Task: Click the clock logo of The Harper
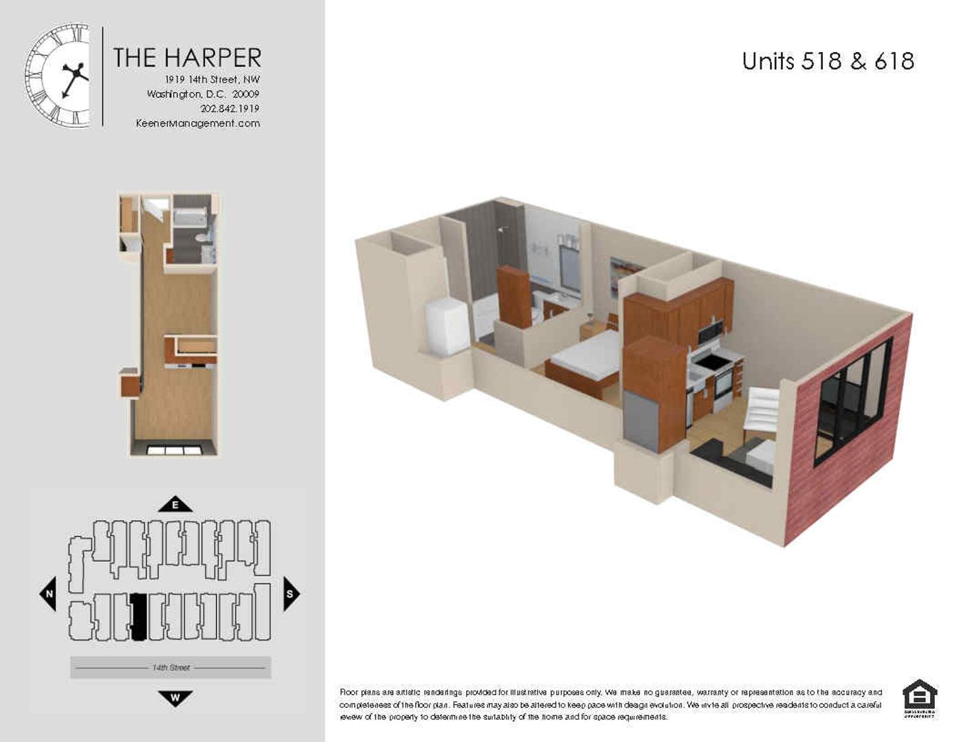click(58, 76)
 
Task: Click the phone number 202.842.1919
click(230, 109)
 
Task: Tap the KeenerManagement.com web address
click(198, 124)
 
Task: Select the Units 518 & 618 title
click(828, 61)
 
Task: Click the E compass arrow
click(175, 505)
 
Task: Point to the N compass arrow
click(49, 594)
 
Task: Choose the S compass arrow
click(290, 594)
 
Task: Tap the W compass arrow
click(175, 698)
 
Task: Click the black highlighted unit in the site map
click(138, 617)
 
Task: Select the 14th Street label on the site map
click(170, 668)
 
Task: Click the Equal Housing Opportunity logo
click(919, 699)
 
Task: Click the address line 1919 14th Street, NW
click(212, 80)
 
